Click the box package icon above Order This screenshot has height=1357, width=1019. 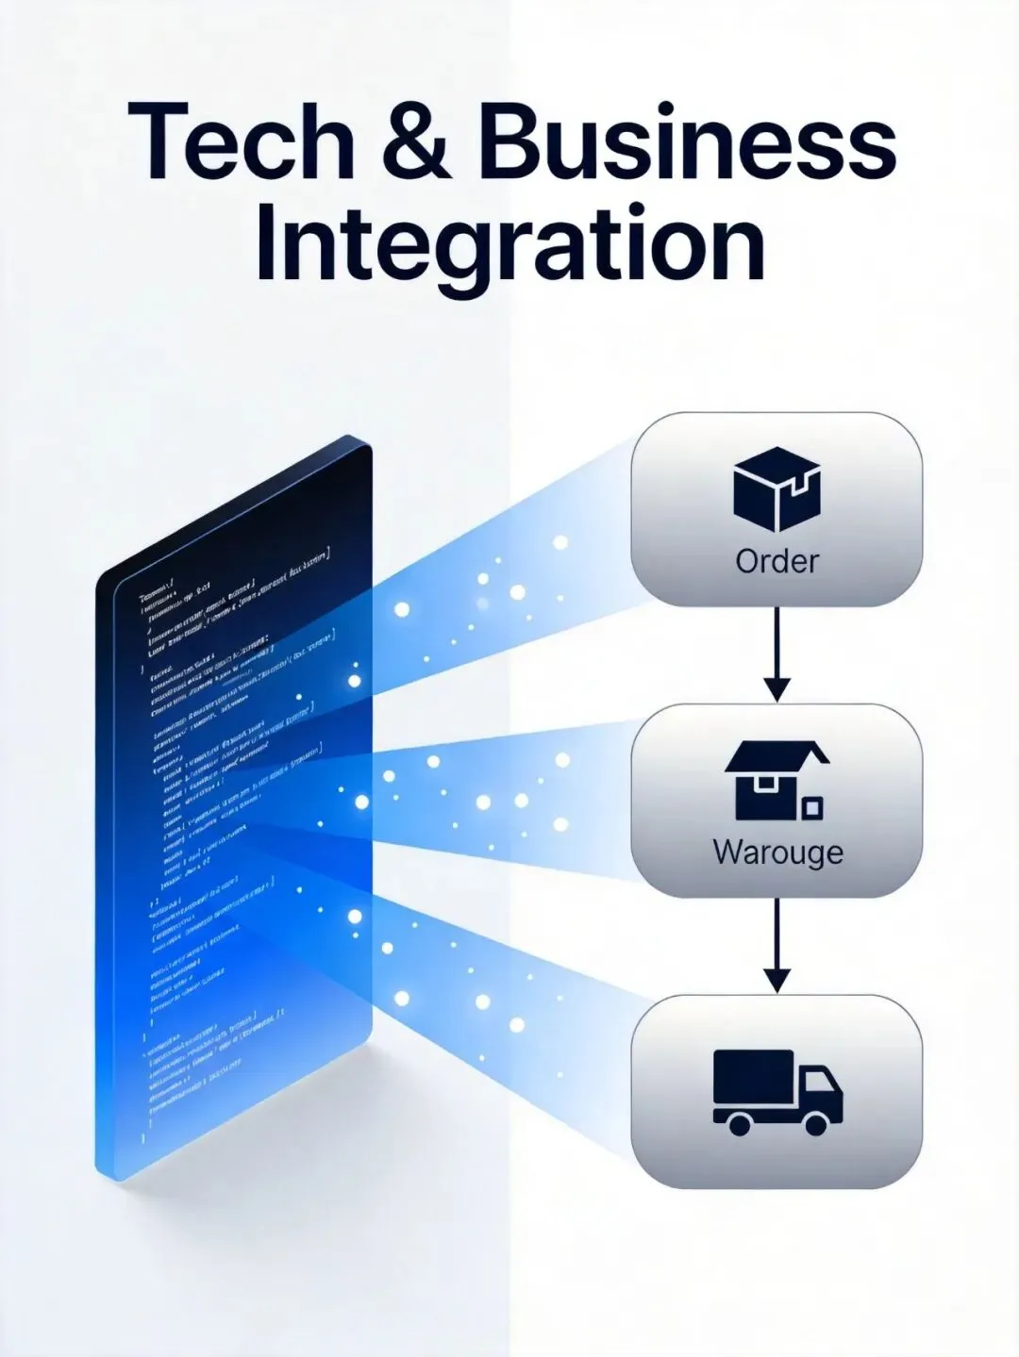[x=777, y=489]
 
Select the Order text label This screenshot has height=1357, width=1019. [x=777, y=561]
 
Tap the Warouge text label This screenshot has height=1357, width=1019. [x=777, y=852]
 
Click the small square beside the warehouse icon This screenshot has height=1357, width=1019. [x=811, y=807]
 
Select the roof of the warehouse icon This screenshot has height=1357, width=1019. [x=776, y=753]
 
